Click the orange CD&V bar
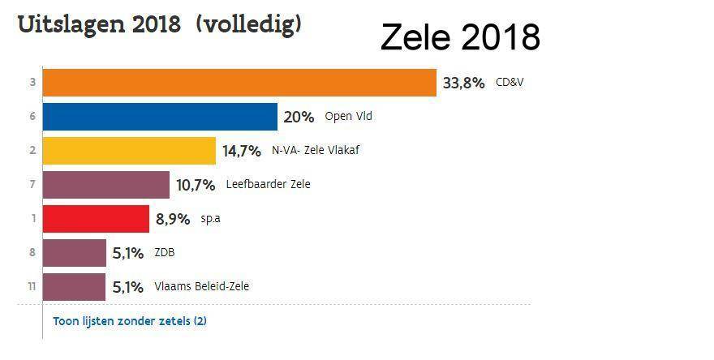click(x=239, y=83)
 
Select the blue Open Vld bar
click(x=159, y=117)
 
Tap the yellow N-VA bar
click(x=128, y=151)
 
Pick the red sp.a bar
click(x=95, y=219)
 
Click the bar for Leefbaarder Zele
click(x=105, y=185)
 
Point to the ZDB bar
click(x=74, y=252)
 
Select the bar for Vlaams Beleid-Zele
click(x=74, y=286)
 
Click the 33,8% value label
click(x=463, y=83)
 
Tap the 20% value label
click(x=299, y=117)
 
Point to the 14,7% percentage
click(x=242, y=151)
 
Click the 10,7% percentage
click(x=196, y=185)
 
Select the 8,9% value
click(x=173, y=219)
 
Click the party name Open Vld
click(x=348, y=117)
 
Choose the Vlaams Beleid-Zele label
click(x=201, y=286)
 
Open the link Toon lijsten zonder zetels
click(x=130, y=321)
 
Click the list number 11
click(x=31, y=286)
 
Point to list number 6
click(x=31, y=117)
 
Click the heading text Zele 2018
click(x=460, y=37)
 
